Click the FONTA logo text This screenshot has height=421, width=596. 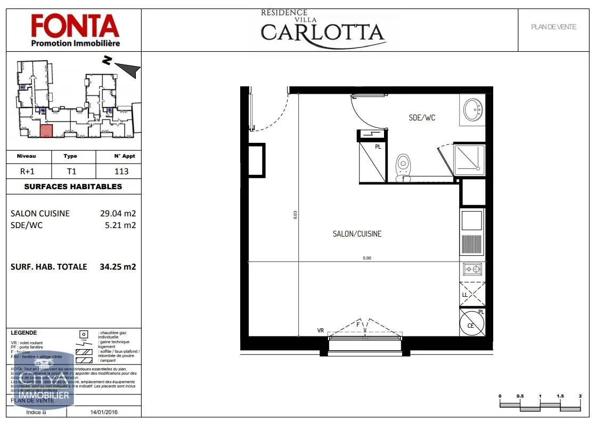74,25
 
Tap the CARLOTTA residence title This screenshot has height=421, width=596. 322,32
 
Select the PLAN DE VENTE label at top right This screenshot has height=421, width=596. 553,27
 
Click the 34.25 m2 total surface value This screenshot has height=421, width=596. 118,266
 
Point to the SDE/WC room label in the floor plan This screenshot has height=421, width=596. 422,118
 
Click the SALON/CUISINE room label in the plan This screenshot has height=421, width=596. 357,234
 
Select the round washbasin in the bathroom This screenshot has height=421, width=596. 473,110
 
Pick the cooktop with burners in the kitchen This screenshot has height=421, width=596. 472,270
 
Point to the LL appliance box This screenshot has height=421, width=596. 472,293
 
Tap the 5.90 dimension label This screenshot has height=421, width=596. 367,258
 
